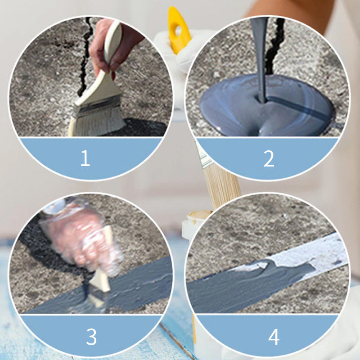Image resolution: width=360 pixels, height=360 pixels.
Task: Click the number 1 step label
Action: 85,158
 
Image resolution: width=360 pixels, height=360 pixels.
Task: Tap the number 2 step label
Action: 269,158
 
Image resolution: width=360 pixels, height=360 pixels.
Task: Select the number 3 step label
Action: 91,337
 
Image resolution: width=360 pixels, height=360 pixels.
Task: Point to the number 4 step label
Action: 274,337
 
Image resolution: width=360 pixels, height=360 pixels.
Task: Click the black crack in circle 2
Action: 274,46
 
